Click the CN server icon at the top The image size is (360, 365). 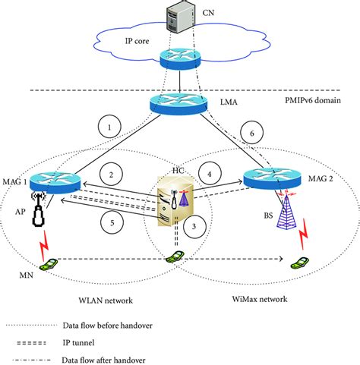pyautogui.click(x=177, y=16)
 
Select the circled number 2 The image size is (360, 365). pyautogui.click(x=112, y=176)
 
